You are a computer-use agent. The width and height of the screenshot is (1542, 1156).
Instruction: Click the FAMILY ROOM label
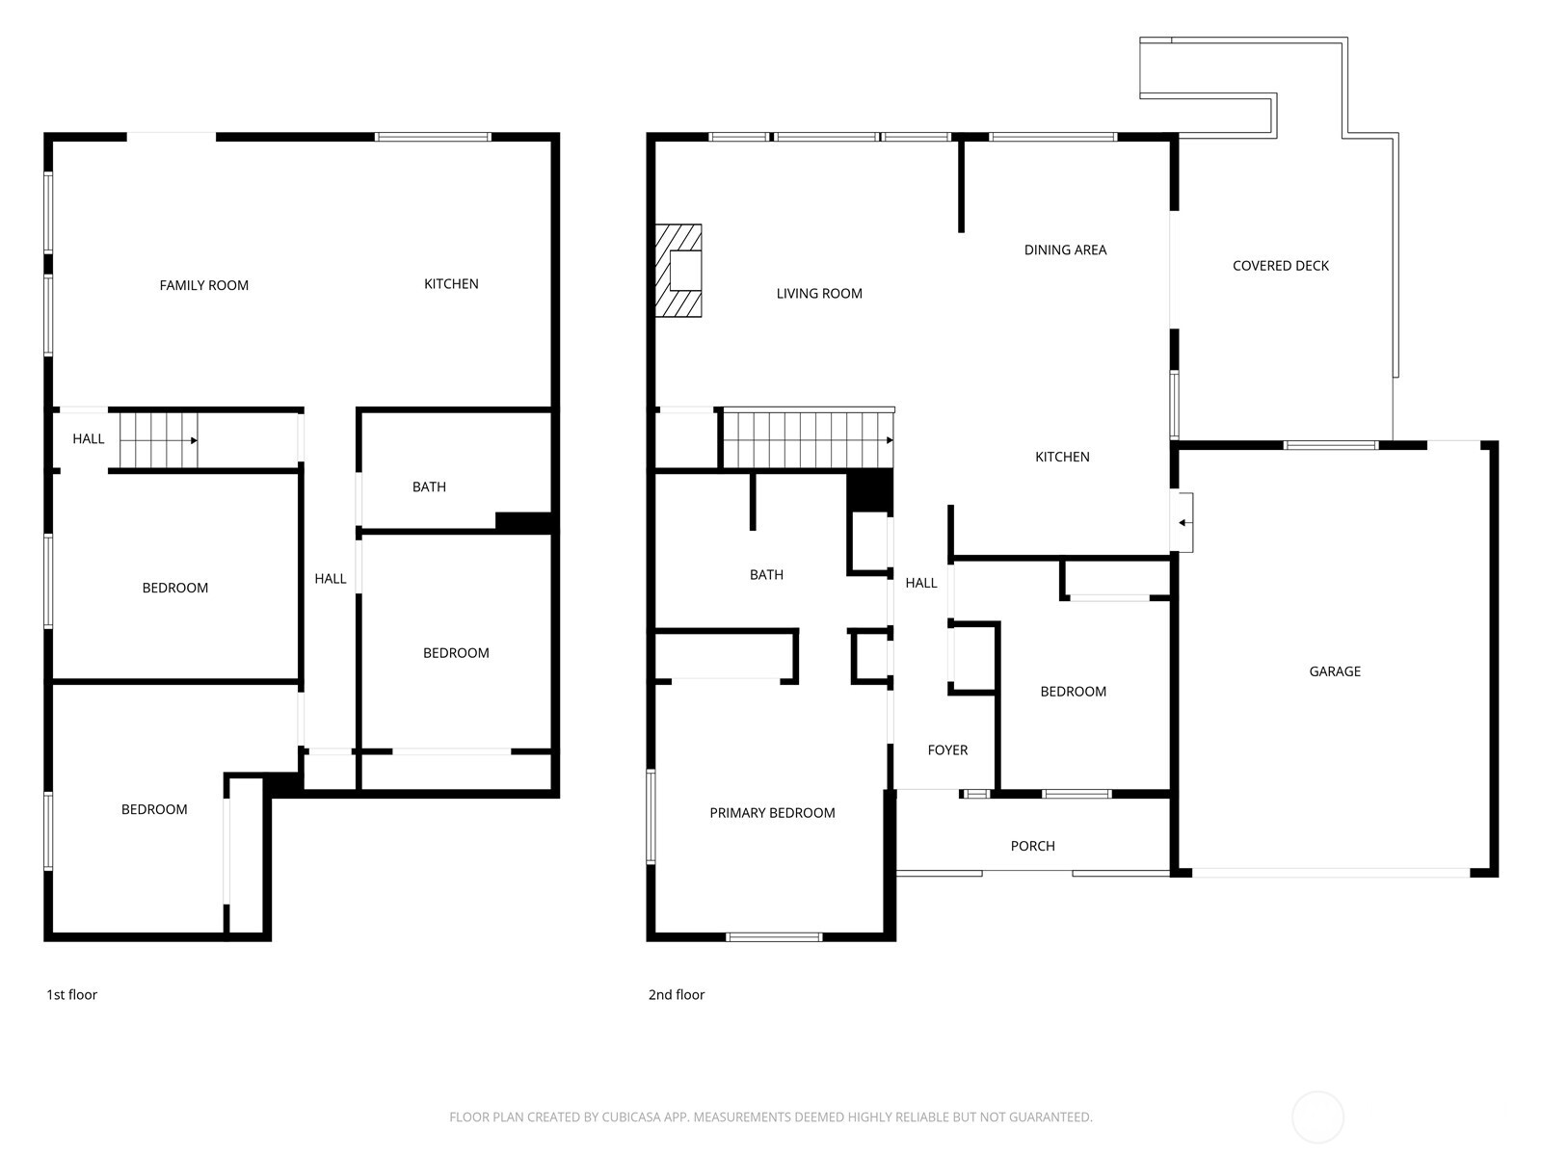tap(203, 285)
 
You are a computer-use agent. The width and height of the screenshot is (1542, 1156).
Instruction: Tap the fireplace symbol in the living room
tap(678, 271)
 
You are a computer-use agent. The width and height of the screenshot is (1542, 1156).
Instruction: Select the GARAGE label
tap(1335, 671)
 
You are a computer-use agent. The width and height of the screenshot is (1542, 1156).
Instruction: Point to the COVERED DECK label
tap(1281, 265)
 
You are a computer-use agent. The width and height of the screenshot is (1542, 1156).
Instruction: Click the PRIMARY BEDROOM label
tap(772, 813)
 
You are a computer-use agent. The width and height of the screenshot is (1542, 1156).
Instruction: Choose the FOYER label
tap(947, 749)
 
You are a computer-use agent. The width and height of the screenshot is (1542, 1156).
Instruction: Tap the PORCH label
tap(1033, 846)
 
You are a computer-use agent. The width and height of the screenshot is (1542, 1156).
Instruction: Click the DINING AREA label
tap(1065, 250)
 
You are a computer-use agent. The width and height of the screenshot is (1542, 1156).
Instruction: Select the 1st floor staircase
tap(159, 440)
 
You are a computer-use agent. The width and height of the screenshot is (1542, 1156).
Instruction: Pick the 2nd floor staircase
tap(809, 439)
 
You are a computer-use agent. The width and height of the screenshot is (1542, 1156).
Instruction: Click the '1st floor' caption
tap(71, 994)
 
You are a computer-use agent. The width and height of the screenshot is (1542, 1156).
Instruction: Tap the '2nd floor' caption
tap(677, 994)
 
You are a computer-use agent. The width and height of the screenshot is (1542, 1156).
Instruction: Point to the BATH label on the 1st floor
tap(429, 486)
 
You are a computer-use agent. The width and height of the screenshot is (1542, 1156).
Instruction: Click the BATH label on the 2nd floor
tap(766, 574)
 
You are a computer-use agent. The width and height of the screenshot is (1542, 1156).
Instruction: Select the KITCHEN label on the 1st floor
tap(451, 283)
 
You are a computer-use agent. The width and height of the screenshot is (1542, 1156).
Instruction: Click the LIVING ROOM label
tap(819, 294)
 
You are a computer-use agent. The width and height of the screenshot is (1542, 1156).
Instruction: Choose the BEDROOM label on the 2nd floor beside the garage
tap(1074, 692)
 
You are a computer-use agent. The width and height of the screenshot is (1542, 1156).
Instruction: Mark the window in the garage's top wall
tap(1331, 445)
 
